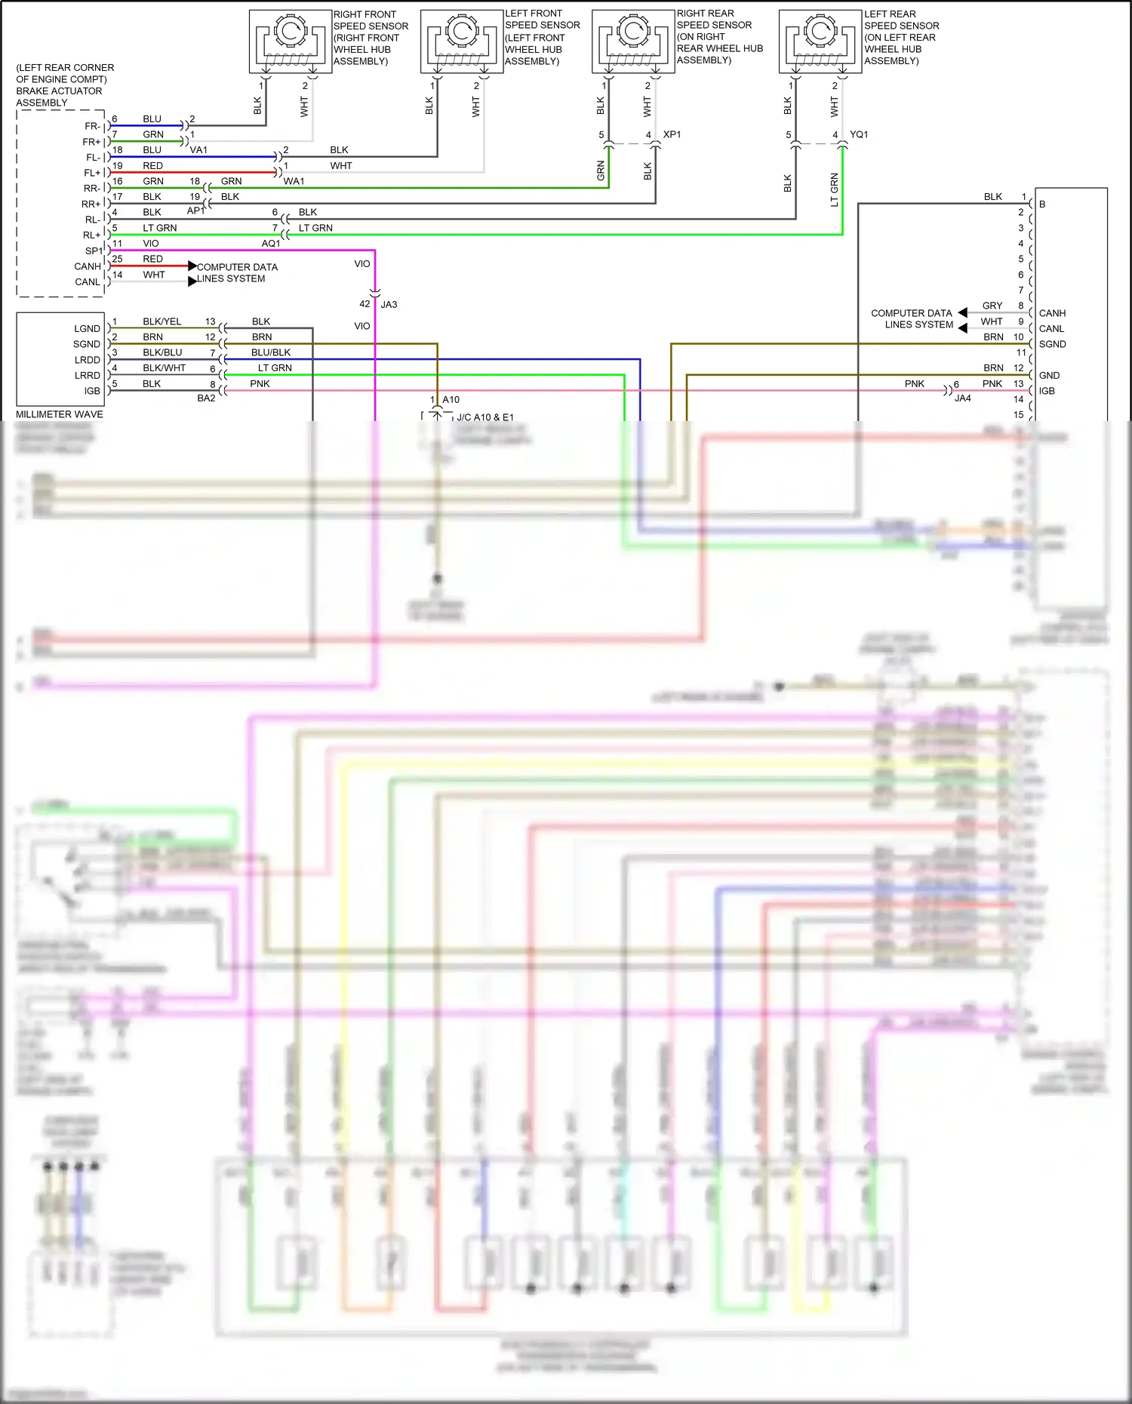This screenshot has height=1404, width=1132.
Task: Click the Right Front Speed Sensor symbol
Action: tap(291, 41)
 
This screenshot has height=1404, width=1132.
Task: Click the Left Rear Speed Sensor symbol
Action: tap(820, 41)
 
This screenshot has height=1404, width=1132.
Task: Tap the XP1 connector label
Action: tap(672, 134)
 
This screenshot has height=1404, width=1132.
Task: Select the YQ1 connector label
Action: tap(859, 134)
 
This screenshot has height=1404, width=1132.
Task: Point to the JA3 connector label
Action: tap(389, 305)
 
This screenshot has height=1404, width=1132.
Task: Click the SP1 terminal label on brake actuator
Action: tap(94, 251)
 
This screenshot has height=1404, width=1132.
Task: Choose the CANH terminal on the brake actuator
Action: tap(88, 266)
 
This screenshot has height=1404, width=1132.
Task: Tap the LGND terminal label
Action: tap(87, 329)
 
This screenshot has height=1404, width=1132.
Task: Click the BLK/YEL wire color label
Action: tap(161, 321)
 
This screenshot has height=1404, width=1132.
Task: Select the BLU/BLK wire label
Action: tap(270, 352)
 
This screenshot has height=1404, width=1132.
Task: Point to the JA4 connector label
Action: tap(962, 398)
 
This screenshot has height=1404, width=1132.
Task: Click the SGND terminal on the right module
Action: tap(1052, 344)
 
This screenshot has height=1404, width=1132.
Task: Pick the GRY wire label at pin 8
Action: tap(992, 306)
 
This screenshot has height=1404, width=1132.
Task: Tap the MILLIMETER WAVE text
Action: tap(60, 414)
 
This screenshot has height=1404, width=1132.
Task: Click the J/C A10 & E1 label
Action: tap(485, 417)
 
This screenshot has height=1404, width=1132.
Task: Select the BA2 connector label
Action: tap(206, 398)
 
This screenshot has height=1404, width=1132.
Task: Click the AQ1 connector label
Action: tap(271, 244)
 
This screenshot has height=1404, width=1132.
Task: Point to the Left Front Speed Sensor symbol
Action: tap(462, 41)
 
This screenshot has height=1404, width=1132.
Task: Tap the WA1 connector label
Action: tap(294, 181)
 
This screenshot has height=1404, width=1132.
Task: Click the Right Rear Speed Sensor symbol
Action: tap(633, 41)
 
